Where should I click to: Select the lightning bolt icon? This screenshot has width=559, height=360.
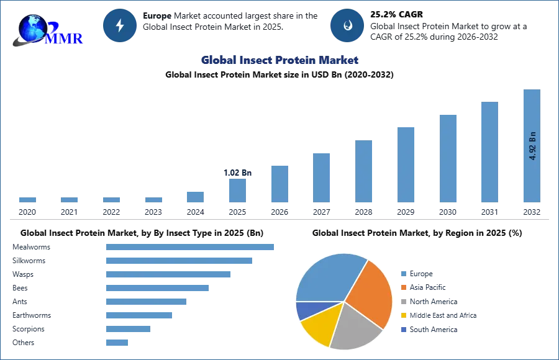(120, 25)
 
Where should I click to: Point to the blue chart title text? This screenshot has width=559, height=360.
(280, 60)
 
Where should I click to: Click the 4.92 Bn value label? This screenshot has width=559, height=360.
(532, 146)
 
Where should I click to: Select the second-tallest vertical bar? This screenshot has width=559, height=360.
(489, 151)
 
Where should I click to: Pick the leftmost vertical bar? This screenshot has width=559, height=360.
(27, 199)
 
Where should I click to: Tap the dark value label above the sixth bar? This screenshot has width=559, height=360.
(238, 173)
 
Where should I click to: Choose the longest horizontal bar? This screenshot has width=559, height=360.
(191, 248)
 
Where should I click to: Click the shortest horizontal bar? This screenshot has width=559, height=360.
(117, 342)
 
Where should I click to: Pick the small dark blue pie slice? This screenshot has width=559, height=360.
(306, 310)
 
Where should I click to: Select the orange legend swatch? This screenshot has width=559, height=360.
(403, 288)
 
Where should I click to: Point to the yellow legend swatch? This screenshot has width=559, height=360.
(403, 315)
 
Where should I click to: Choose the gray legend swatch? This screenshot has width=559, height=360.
(403, 302)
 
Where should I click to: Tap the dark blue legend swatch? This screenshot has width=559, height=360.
(403, 329)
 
